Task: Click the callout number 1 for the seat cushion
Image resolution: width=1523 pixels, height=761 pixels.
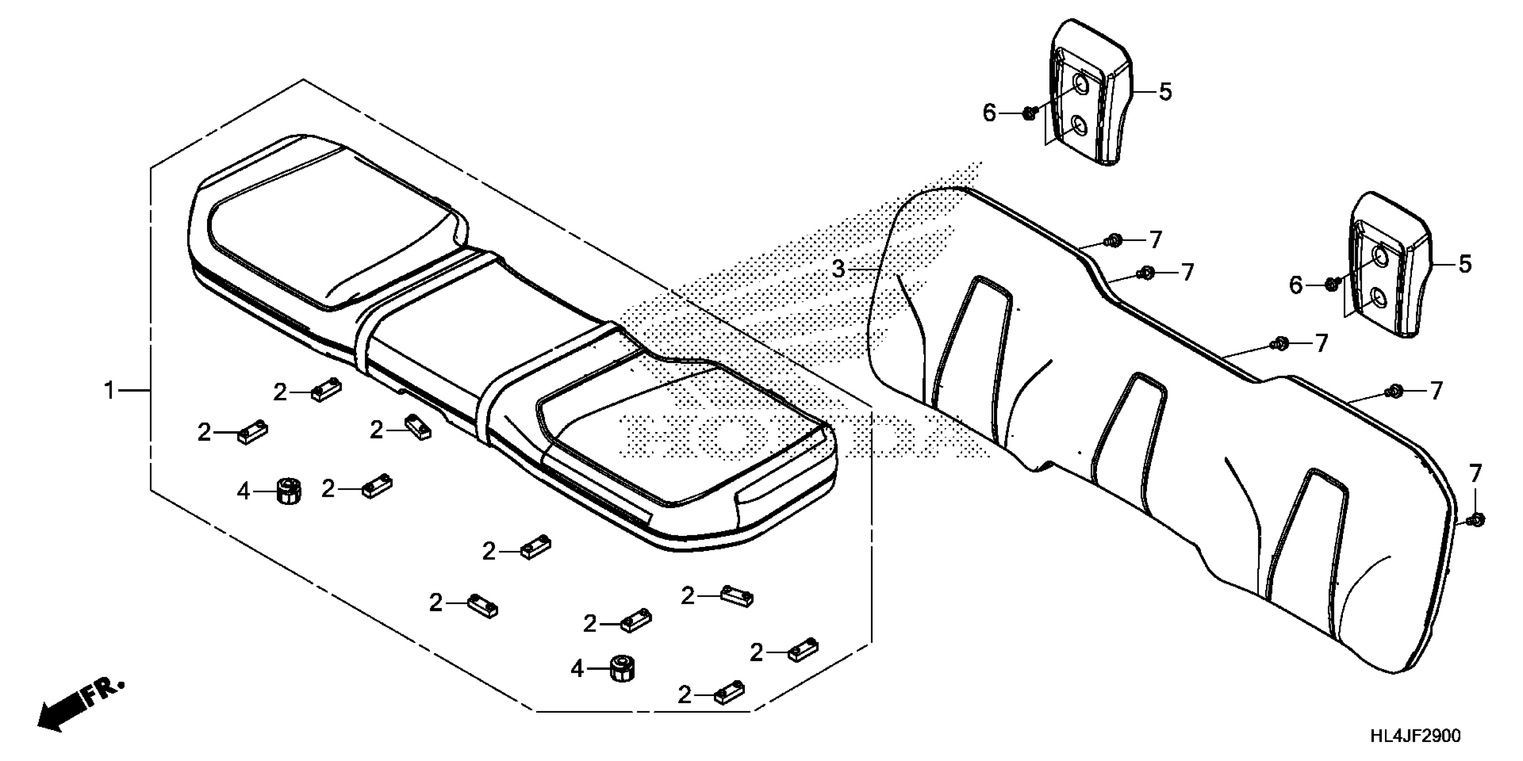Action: pos(109,390)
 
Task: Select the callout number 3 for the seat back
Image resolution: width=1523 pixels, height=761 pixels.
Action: pos(839,269)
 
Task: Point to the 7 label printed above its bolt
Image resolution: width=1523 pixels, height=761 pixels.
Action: pos(1476,474)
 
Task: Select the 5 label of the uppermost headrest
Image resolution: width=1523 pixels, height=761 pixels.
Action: pos(1165,92)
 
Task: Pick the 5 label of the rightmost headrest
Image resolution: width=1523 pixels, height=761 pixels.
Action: pos(1464,264)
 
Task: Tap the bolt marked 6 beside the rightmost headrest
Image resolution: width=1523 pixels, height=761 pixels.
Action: pos(1331,284)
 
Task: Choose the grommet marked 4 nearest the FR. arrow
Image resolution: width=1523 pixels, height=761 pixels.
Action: pos(288,490)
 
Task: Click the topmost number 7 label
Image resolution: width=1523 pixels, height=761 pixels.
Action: pos(1155,240)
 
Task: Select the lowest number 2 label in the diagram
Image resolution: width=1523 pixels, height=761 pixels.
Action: pos(684,695)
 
